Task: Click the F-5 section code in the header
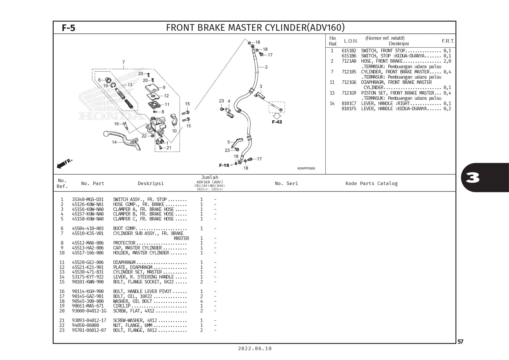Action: (x=68, y=28)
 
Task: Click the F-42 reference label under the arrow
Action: (x=277, y=122)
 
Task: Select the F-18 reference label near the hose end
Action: (x=224, y=165)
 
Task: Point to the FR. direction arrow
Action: (x=64, y=164)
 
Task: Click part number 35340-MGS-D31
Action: (x=88, y=200)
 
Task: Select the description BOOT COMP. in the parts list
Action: (x=125, y=229)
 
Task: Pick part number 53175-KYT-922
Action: (x=88, y=277)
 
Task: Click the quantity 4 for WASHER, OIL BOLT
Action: (x=201, y=301)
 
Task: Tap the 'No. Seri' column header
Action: (x=286, y=183)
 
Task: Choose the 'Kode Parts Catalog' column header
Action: (x=371, y=183)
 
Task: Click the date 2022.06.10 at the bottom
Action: (x=255, y=349)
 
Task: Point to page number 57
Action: (x=460, y=342)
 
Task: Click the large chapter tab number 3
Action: (x=472, y=178)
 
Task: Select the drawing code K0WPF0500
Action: (x=306, y=169)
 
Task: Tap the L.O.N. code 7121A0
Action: (x=349, y=61)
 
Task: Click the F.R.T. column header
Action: (x=448, y=41)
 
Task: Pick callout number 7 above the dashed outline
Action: (x=123, y=62)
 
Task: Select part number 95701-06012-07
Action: (x=89, y=330)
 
